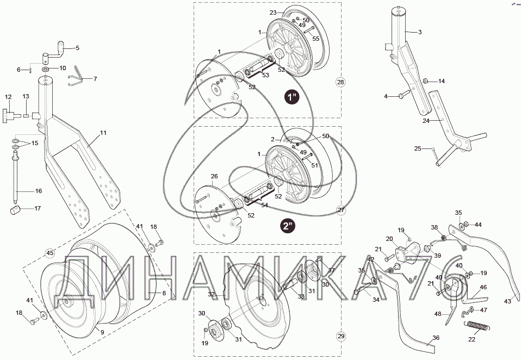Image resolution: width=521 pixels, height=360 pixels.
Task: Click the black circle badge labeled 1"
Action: (x=293, y=98)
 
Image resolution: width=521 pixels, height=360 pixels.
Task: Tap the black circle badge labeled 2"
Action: (x=288, y=225)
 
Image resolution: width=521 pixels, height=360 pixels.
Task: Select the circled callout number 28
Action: (x=340, y=83)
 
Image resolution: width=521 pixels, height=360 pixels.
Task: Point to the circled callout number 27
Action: (x=341, y=210)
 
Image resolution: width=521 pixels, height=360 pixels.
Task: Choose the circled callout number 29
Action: (x=341, y=337)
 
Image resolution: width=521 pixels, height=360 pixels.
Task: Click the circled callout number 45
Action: (x=49, y=252)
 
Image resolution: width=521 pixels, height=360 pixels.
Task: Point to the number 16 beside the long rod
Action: (x=39, y=191)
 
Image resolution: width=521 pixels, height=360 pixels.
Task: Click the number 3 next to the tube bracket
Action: (x=420, y=32)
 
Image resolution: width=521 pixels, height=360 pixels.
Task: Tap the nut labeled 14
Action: (x=427, y=81)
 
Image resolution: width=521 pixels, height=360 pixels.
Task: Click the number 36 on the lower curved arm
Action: (x=435, y=338)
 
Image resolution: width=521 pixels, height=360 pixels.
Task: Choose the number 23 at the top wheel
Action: (x=273, y=12)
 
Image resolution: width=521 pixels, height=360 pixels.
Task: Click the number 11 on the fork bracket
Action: (x=103, y=133)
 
